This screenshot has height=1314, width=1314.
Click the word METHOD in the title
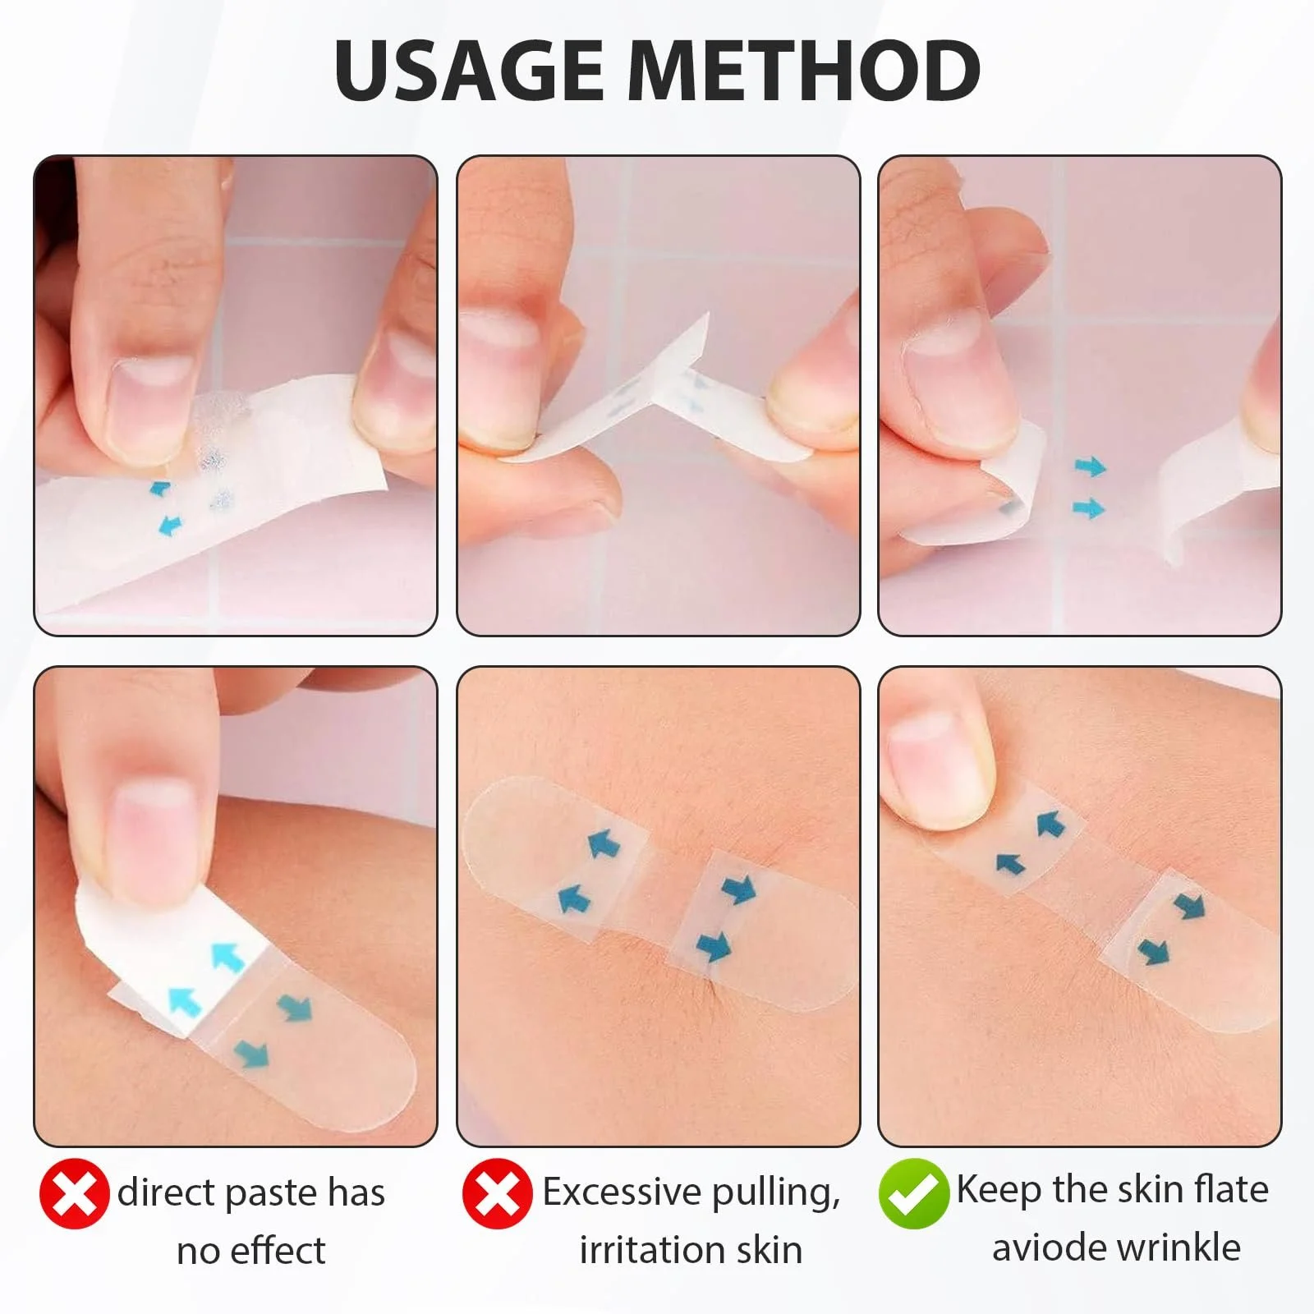(x=805, y=70)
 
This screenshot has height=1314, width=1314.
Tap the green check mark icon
(x=912, y=1192)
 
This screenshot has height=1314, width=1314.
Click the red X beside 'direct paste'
(x=74, y=1193)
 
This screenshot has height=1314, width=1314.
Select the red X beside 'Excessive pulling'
(x=497, y=1193)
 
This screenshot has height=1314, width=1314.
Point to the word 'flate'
(x=1231, y=1188)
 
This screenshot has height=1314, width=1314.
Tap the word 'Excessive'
(x=621, y=1191)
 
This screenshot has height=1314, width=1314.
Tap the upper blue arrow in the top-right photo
(x=1091, y=467)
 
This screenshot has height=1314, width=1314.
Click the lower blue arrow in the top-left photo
(x=170, y=525)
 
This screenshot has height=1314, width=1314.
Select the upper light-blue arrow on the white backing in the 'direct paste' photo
(x=229, y=958)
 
